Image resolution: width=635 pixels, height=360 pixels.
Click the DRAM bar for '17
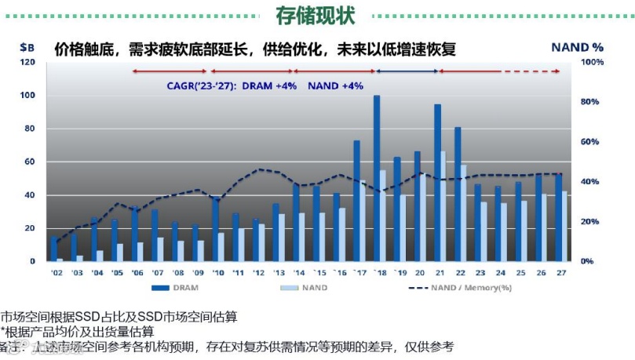tap(356, 201)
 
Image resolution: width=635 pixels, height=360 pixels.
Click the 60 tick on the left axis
tap(29, 162)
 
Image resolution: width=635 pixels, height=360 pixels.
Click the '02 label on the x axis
tap(57, 272)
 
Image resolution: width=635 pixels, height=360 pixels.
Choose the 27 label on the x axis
tap(561, 272)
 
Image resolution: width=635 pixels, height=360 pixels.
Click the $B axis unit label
tap(27, 47)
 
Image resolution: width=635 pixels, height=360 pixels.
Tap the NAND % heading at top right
tap(577, 47)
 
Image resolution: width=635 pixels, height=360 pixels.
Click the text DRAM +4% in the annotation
tap(268, 85)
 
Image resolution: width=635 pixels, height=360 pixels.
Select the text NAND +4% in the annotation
tap(335, 85)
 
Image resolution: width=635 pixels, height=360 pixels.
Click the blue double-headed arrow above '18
tap(406, 72)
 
